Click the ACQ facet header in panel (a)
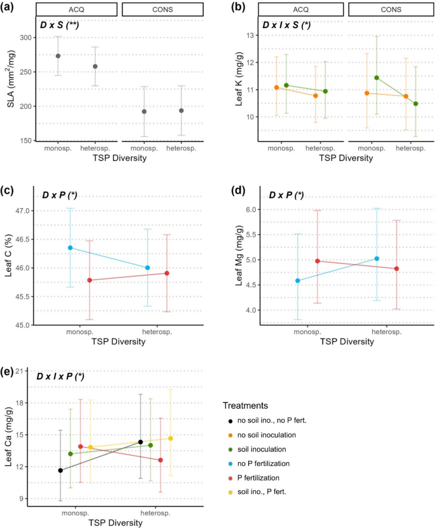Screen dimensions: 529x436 (x=76, y=9)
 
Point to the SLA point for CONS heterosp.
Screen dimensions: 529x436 (x=181, y=111)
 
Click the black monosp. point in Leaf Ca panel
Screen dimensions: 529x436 (x=60, y=470)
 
